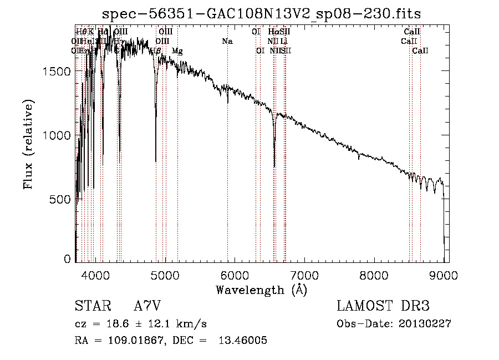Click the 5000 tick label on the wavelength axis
pyautogui.click(x=165, y=274)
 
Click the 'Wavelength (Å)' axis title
pyautogui.click(x=262, y=290)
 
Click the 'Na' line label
pyautogui.click(x=227, y=42)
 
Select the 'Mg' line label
pyautogui.click(x=177, y=51)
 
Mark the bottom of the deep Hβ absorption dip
pyautogui.click(x=156, y=161)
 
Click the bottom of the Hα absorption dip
pyautogui.click(x=274, y=166)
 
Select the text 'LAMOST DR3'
pyautogui.click(x=383, y=307)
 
